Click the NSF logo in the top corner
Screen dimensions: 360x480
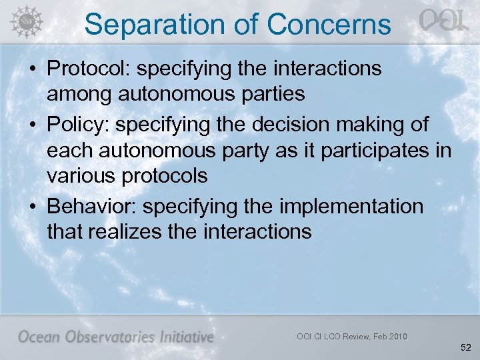pos(24,20)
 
